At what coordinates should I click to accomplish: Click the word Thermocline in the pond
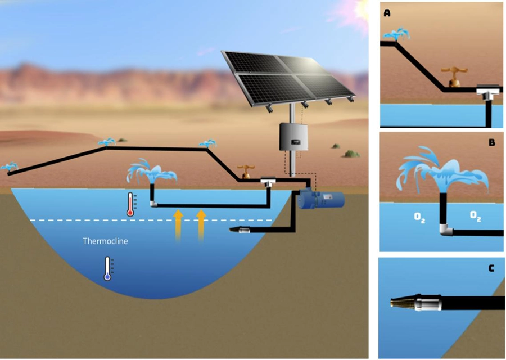pyautogui.click(x=105, y=241)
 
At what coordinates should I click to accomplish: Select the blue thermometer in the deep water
pyautogui.click(x=107, y=268)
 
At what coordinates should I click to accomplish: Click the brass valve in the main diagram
pyautogui.click(x=245, y=171)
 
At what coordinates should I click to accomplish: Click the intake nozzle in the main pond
pyautogui.click(x=241, y=229)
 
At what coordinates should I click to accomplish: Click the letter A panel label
pyautogui.click(x=387, y=13)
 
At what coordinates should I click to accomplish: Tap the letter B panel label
pyautogui.click(x=491, y=142)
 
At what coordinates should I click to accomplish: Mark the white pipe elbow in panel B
pyautogui.click(x=446, y=229)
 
